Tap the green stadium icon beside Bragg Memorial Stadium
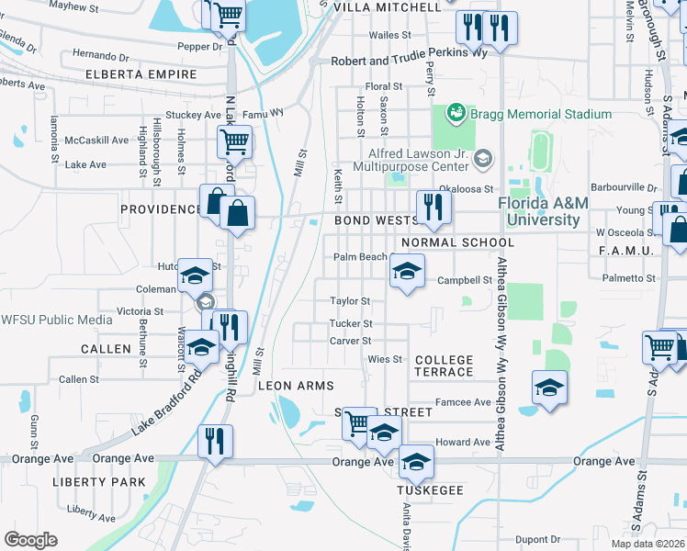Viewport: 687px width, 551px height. (x=455, y=113)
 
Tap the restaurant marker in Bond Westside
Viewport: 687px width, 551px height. (x=429, y=208)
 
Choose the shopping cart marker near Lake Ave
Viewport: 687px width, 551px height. (x=234, y=142)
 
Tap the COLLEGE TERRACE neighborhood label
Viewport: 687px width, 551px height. (x=444, y=365)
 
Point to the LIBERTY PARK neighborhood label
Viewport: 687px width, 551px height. (x=98, y=481)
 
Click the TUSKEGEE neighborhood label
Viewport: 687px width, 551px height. (x=427, y=489)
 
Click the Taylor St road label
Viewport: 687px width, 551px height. (x=350, y=300)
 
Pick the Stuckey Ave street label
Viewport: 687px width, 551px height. (x=189, y=117)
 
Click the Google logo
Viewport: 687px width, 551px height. (x=30, y=540)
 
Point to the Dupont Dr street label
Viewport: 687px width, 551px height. (x=537, y=539)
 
